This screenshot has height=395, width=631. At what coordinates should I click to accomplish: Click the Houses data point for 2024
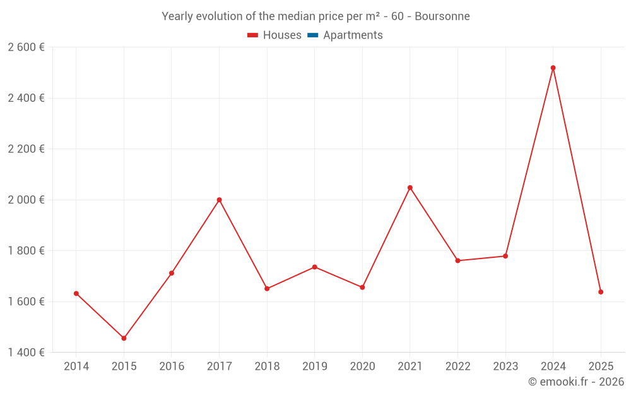coord(553,68)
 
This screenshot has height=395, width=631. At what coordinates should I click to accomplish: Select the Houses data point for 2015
coord(124,338)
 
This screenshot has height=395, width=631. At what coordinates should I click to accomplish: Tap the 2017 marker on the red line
coord(219,200)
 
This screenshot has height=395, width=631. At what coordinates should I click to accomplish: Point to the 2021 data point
coord(410,188)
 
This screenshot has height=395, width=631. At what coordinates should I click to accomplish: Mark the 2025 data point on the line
coord(601,292)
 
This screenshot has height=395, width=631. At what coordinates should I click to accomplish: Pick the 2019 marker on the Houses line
coord(314,267)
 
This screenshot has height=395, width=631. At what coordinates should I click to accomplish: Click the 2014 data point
coord(76,293)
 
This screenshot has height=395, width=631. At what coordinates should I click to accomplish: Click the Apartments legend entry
coord(353,35)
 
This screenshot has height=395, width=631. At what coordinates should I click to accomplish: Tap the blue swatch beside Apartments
coord(312,35)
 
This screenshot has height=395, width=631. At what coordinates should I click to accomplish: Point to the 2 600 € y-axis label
coord(26,47)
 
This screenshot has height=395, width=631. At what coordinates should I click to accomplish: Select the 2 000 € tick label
coord(26,200)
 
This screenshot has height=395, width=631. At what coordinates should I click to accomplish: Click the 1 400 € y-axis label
coord(26,352)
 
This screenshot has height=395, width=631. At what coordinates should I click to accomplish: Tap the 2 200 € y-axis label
coord(26,149)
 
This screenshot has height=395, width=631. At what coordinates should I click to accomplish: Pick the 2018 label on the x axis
coord(267,366)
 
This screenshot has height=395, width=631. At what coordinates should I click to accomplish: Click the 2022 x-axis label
coord(457,366)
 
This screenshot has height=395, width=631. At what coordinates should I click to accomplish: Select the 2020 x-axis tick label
coord(362,366)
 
